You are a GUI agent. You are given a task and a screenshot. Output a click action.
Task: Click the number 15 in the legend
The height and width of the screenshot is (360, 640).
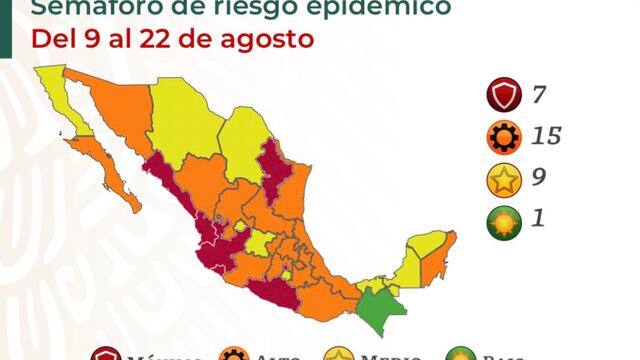coord(546,137)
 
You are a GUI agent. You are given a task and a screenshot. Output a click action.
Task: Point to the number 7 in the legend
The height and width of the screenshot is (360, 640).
coord(539,97)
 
